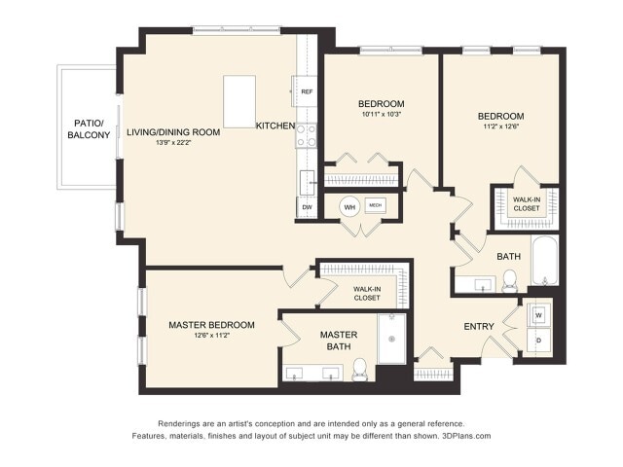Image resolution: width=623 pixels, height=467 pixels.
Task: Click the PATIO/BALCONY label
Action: (90, 128)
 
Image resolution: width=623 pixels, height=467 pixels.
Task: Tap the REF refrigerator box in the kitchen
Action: (306, 92)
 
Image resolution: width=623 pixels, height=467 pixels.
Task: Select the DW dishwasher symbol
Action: (307, 207)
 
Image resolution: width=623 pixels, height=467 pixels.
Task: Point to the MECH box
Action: (376, 206)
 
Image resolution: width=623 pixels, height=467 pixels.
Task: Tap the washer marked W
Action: (538, 315)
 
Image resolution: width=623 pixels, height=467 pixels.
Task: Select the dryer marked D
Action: (538, 341)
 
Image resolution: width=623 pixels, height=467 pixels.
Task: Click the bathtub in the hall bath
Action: (543, 261)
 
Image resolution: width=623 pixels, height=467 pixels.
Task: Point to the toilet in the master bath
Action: (359, 369)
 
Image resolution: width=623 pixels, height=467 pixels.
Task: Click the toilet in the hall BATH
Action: (509, 281)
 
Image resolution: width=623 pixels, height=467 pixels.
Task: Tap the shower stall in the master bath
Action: (391, 339)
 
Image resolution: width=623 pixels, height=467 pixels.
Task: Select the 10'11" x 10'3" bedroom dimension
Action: (380, 115)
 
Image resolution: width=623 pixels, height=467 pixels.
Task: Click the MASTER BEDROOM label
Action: (211, 325)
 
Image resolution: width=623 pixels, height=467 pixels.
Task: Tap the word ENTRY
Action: (478, 327)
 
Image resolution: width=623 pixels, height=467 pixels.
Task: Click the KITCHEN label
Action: (274, 126)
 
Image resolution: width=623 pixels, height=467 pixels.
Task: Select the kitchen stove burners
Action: (306, 134)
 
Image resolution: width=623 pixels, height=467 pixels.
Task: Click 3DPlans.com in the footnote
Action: (462, 437)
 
